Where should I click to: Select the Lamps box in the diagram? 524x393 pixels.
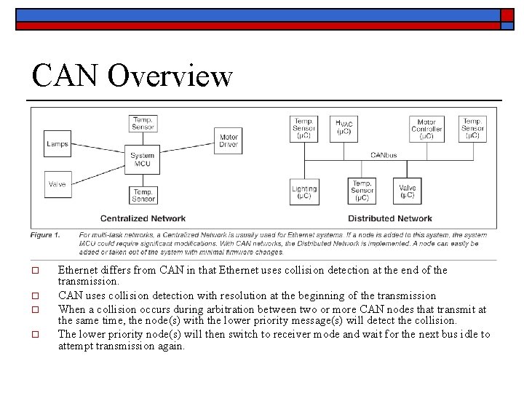pyautogui.click(x=57, y=143)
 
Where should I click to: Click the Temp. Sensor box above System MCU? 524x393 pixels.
pyautogui.click(x=143, y=124)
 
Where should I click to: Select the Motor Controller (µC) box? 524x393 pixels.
pyautogui.click(x=426, y=128)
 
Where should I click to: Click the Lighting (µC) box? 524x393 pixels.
pyautogui.click(x=303, y=192)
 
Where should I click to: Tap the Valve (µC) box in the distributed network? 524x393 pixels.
pyautogui.click(x=408, y=191)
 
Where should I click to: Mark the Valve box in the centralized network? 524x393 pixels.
pyautogui.click(x=57, y=184)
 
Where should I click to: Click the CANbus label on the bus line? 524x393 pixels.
pyautogui.click(x=384, y=154)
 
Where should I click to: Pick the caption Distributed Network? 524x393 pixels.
pyautogui.click(x=389, y=218)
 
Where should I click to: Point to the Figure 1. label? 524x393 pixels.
pyautogui.click(x=45, y=234)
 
